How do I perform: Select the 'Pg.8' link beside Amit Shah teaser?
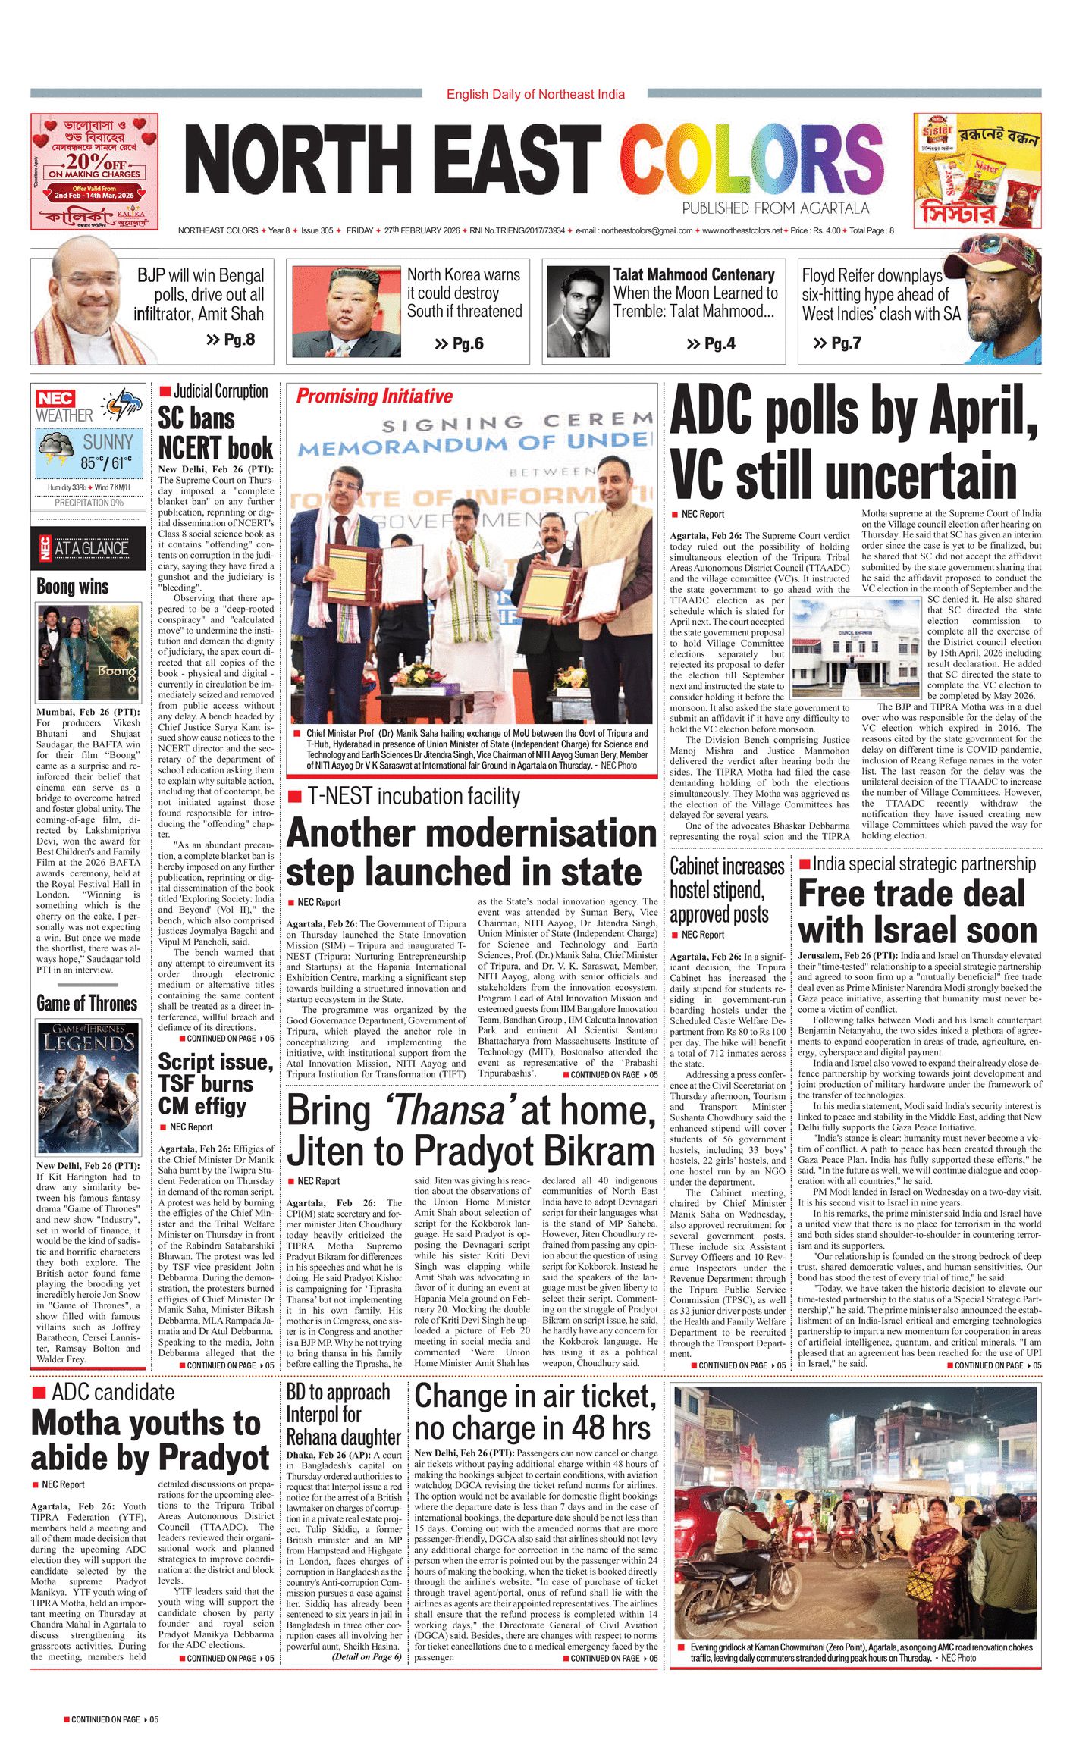click(231, 340)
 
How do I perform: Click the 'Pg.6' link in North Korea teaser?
click(460, 344)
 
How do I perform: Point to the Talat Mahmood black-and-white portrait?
click(578, 312)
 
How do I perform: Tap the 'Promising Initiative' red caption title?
click(374, 396)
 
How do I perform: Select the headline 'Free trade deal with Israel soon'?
click(918, 912)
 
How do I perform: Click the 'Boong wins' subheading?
click(73, 587)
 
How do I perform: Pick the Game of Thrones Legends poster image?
click(88, 1086)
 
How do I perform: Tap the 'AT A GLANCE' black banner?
click(89, 548)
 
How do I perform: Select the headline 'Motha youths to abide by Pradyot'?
click(150, 1440)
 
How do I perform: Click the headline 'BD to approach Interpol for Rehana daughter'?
click(344, 1415)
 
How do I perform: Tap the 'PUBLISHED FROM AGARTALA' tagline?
click(775, 208)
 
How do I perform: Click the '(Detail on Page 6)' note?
click(366, 1657)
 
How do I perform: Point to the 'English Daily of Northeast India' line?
click(535, 94)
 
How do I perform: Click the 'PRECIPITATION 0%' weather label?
click(89, 503)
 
